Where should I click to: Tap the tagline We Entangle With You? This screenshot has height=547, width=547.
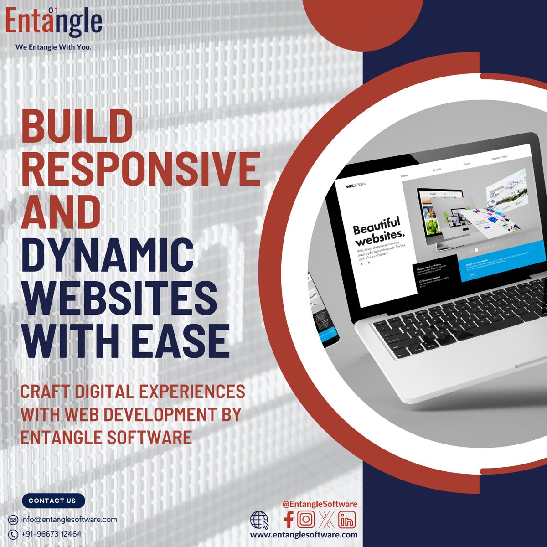click(53, 47)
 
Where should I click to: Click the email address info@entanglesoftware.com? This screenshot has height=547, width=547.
click(69, 520)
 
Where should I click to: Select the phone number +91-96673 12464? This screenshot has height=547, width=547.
click(51, 534)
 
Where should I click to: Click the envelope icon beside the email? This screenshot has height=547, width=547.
click(14, 520)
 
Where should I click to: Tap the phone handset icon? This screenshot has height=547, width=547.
click(14, 534)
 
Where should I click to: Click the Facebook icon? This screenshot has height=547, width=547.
click(289, 519)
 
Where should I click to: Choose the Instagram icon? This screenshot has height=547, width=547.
click(307, 519)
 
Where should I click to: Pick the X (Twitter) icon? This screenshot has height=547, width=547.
click(326, 519)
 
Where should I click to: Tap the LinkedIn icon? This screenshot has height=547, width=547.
click(347, 520)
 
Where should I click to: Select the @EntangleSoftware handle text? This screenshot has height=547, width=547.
click(320, 504)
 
